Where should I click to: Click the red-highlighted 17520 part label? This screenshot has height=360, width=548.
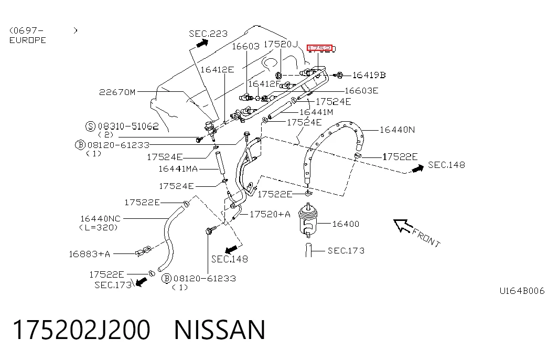coord(320,48)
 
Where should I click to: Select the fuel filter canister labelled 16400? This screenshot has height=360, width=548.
coord(308,220)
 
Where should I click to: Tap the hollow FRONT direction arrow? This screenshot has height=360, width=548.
coord(403,225)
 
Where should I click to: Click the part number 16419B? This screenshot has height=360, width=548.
coord(369,75)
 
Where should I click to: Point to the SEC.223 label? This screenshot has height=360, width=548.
coord(208,34)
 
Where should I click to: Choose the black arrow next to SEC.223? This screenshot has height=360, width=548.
coord(202,44)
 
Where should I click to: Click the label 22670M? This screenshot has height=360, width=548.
coord(117,92)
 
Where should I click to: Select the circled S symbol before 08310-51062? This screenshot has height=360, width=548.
coord(91,126)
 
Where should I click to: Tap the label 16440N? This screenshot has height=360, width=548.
coord(397,130)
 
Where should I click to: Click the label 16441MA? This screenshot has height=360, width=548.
coord(178,169)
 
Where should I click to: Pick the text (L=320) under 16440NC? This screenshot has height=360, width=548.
coord(99,227)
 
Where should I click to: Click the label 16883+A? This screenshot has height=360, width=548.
coord(90,254)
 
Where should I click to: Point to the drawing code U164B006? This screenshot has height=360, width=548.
coord(522,291)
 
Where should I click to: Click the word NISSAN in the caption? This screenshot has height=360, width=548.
coord(220,330)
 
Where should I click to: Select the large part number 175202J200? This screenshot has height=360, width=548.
coord(81,330)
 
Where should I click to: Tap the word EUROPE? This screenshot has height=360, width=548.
coord(28,40)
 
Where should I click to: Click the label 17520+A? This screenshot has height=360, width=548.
coord(270,214)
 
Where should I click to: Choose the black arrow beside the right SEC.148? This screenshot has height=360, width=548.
coord(417,168)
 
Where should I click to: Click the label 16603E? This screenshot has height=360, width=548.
coord(361,91)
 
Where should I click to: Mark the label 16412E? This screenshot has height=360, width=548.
coord(217,70)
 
